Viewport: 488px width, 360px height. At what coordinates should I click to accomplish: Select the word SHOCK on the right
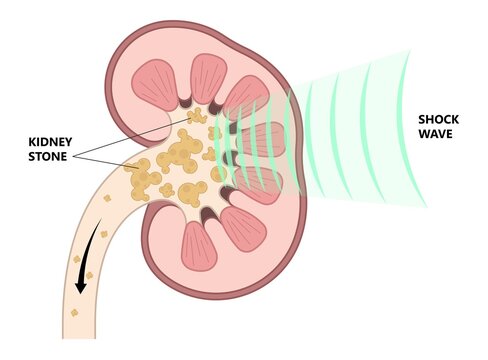coord(438,119)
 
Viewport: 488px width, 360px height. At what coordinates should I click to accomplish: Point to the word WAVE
coord(437,134)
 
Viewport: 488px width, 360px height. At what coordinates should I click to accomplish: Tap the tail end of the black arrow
coord(101,231)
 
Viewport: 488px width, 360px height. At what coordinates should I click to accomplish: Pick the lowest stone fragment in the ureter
coord(73,312)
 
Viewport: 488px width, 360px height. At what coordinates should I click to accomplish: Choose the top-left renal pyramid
coord(155,85)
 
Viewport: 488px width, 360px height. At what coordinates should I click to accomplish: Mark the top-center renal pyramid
coord(207,75)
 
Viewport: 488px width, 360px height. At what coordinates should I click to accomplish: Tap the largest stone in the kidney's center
coord(182,156)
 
